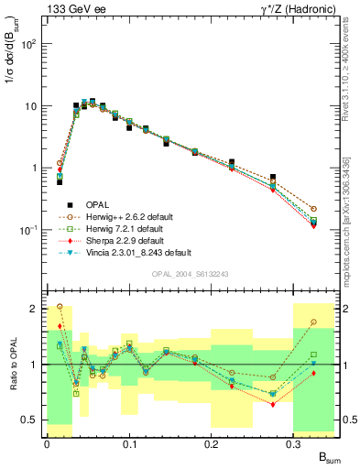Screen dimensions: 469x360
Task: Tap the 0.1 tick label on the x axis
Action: coord(129,443)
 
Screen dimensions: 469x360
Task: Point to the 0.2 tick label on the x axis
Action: coord(212,443)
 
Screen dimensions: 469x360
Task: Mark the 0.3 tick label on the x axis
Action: coord(294,443)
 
